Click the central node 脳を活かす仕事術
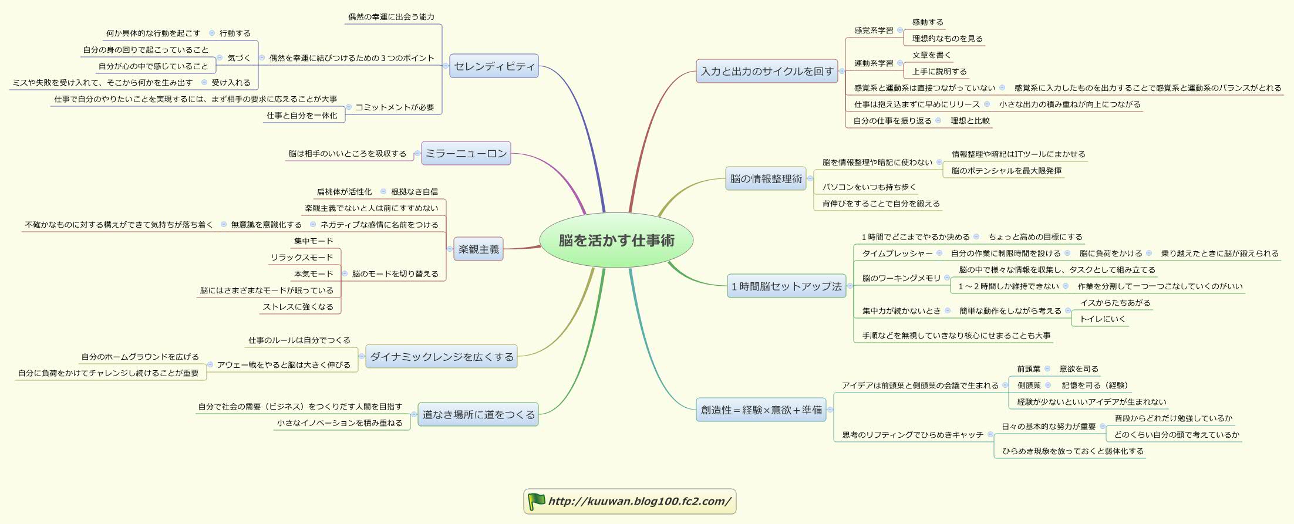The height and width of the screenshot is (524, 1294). [616, 240]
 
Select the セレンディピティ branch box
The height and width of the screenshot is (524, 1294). [494, 66]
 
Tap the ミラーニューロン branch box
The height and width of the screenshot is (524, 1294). [466, 154]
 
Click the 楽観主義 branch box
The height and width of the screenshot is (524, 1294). [478, 249]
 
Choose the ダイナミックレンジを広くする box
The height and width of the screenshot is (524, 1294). [442, 357]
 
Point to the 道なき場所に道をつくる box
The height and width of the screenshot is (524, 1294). [478, 414]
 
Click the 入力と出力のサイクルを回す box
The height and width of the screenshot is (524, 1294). [767, 72]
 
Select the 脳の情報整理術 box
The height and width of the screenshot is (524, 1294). [766, 179]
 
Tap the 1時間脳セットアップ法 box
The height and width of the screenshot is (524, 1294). [786, 286]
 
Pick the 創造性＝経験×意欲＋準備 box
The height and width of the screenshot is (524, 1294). [761, 410]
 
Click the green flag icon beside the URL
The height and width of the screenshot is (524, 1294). [536, 501]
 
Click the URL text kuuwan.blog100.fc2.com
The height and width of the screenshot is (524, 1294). [639, 501]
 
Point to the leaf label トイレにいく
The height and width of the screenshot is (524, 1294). [1103, 319]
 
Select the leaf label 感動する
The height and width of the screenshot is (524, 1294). [928, 22]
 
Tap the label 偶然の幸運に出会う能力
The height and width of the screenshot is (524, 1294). [391, 17]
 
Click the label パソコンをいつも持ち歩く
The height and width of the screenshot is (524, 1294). [869, 187]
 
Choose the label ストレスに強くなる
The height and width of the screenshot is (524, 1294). [298, 307]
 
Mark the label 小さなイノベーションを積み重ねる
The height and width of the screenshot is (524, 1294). [340, 423]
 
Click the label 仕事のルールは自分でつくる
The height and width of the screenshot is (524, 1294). [299, 340]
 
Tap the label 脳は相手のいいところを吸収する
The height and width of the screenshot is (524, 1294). [347, 154]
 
